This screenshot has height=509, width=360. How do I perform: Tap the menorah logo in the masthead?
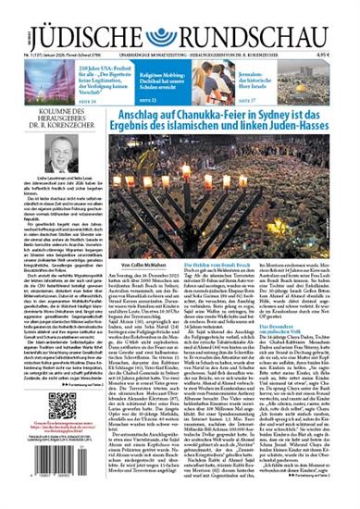[180, 25]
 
